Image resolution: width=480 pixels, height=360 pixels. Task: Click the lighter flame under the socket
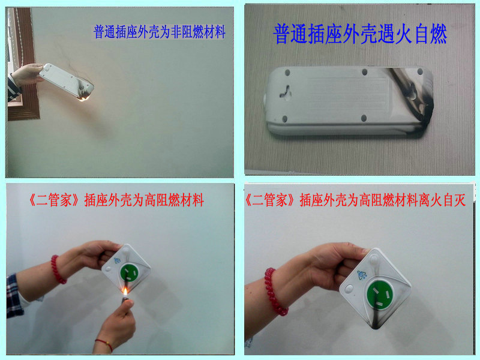tap(125, 292)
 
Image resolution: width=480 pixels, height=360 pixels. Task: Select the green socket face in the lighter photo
tap(129, 273)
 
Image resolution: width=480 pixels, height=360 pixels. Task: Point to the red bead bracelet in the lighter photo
tap(58, 269)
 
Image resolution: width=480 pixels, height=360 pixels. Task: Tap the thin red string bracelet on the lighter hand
tap(104, 344)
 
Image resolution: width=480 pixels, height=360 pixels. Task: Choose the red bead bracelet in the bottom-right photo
tap(275, 292)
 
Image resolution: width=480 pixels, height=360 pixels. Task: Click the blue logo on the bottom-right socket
tap(362, 275)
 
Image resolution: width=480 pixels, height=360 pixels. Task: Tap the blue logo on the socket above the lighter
tap(117, 261)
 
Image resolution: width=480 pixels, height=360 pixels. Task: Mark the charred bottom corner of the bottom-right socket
tap(377, 322)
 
